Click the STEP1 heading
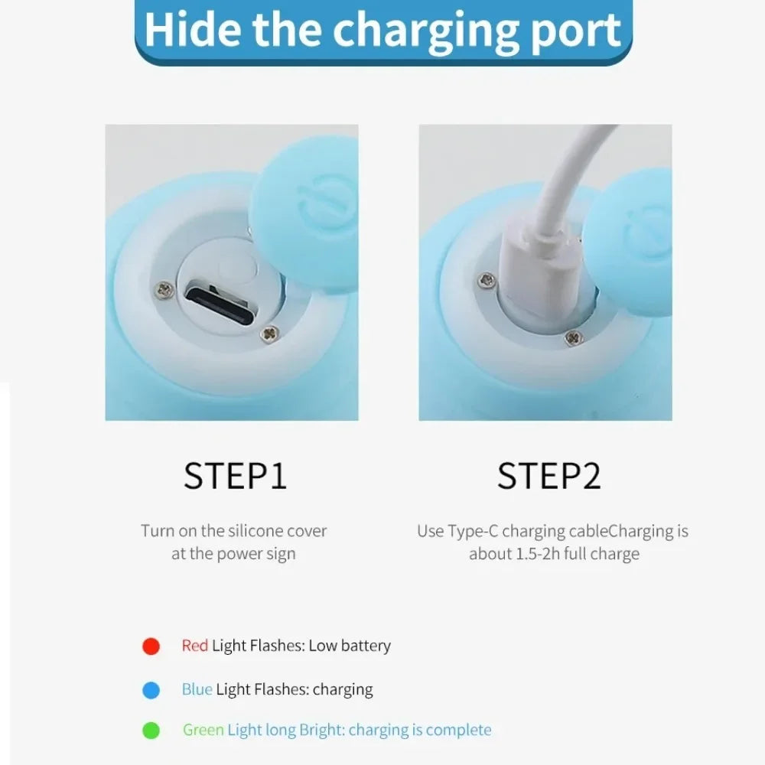click(x=235, y=476)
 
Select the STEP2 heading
click(x=549, y=476)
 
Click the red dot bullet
click(x=151, y=646)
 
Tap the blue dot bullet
click(x=151, y=690)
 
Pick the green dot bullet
click(x=151, y=731)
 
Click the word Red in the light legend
click(x=194, y=646)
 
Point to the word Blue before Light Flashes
click(x=197, y=689)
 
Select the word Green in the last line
click(x=203, y=730)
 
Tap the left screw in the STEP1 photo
click(x=165, y=290)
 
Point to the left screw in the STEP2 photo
click(x=487, y=279)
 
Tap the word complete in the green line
click(x=459, y=731)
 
